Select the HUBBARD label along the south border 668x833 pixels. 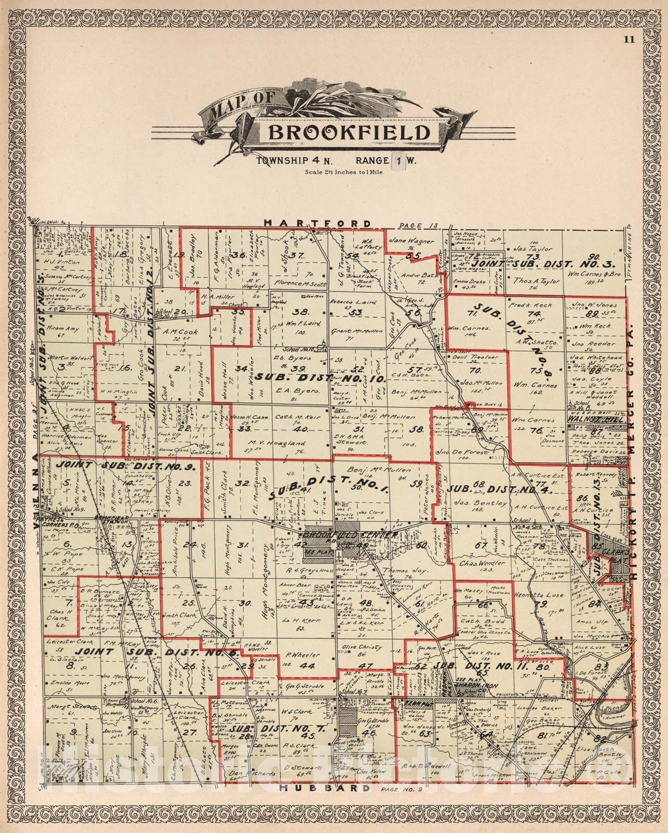pos(318,788)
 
